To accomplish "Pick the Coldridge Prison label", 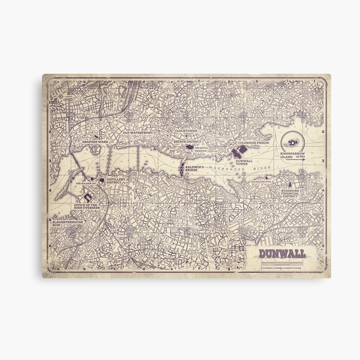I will [x=254, y=143].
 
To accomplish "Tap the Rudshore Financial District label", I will [x=293, y=195].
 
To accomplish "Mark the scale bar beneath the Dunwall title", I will [x=283, y=261].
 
